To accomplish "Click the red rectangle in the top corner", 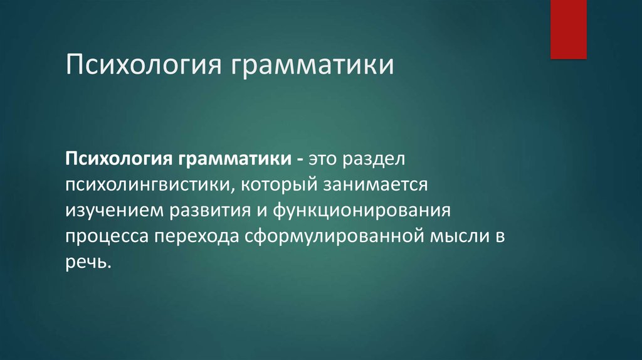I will [x=568, y=29].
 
